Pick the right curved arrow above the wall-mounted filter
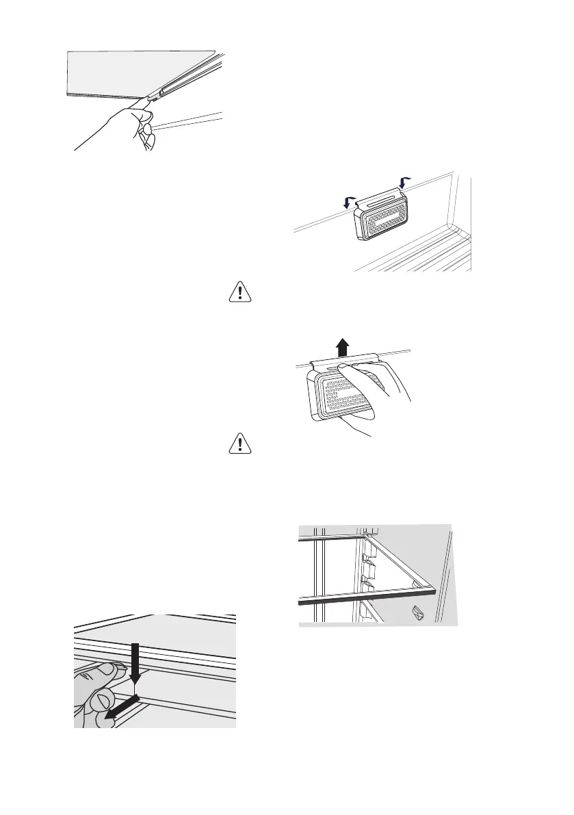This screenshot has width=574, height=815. coord(404,183)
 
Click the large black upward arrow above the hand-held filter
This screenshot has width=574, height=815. coord(341,348)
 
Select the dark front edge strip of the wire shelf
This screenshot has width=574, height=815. coord(367,597)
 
